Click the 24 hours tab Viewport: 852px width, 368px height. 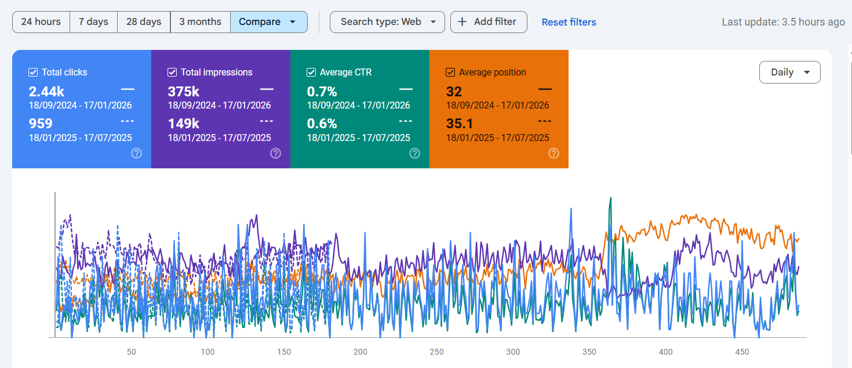[x=41, y=22]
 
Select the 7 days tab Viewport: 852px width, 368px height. [x=93, y=22]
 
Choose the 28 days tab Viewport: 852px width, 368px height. [x=144, y=22]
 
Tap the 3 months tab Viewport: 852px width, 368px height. [x=200, y=22]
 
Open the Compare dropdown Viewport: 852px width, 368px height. [x=268, y=22]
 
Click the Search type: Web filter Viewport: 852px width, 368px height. [x=387, y=22]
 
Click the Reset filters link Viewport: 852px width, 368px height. [x=569, y=22]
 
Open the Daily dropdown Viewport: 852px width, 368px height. [x=789, y=73]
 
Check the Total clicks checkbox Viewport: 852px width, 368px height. [x=33, y=73]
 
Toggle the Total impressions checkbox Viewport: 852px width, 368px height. [x=172, y=73]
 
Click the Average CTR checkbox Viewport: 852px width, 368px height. [x=311, y=73]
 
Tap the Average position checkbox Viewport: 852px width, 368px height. [x=450, y=73]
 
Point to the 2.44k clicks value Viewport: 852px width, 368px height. [x=46, y=92]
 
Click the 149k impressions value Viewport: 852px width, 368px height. [x=184, y=124]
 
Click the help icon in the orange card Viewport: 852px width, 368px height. [x=554, y=153]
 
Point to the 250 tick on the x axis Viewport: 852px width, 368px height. [x=436, y=352]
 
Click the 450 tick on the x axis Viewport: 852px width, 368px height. [x=742, y=352]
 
